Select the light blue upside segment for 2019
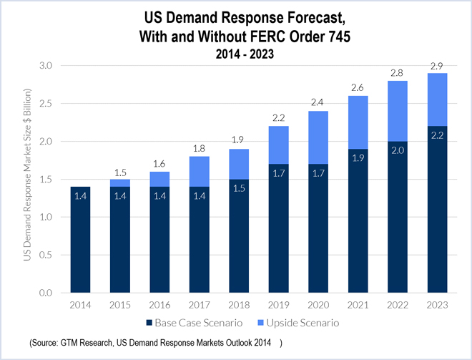tap(280, 145)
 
